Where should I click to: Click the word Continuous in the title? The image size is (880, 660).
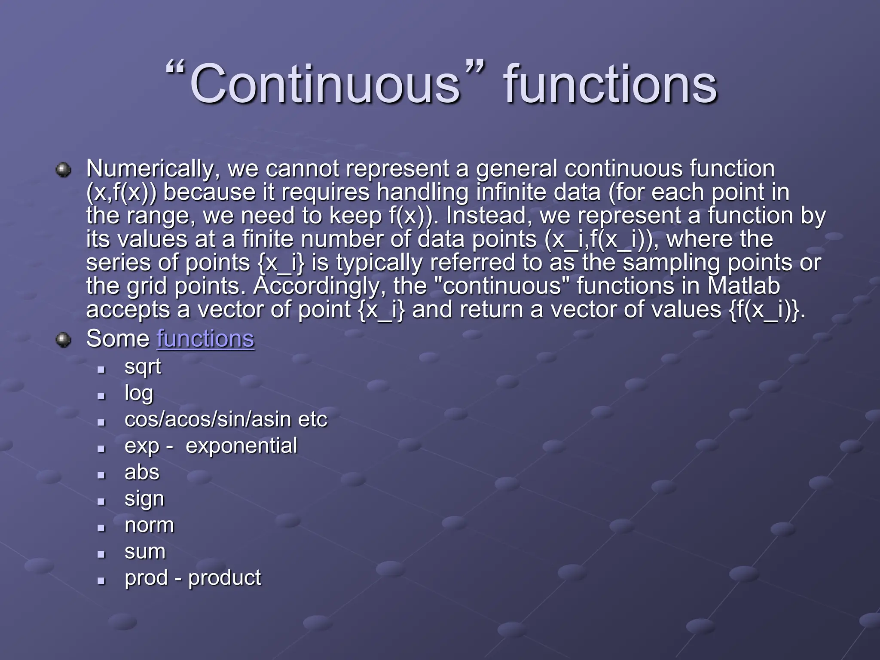coord(325,83)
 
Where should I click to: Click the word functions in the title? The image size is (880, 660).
coord(610,83)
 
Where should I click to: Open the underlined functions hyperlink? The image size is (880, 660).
coord(205,339)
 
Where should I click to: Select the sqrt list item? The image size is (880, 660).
coord(143,367)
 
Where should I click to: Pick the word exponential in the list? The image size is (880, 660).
coord(241,446)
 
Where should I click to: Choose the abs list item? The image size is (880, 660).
coord(142,472)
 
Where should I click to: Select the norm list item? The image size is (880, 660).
coord(149,525)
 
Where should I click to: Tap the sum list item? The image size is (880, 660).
coord(145,552)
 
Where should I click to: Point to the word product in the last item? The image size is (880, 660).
coord(224,578)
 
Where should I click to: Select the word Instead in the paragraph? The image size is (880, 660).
coord(486,216)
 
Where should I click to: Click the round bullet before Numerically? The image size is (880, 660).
coord(64,170)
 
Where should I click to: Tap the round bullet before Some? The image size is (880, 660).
coord(64,340)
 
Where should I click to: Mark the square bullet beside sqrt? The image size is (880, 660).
coord(101,369)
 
